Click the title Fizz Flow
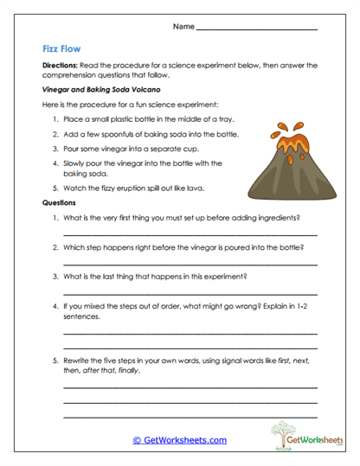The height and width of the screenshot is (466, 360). [62, 49]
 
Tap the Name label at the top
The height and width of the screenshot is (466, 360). [183, 28]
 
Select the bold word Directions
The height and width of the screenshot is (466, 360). [59, 66]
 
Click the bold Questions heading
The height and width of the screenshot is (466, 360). [60, 202]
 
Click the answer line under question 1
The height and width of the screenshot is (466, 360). [190, 234]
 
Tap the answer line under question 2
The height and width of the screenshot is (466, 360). [190, 264]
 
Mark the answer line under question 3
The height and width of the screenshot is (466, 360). [190, 293]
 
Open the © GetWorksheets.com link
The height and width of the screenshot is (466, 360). [179, 440]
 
